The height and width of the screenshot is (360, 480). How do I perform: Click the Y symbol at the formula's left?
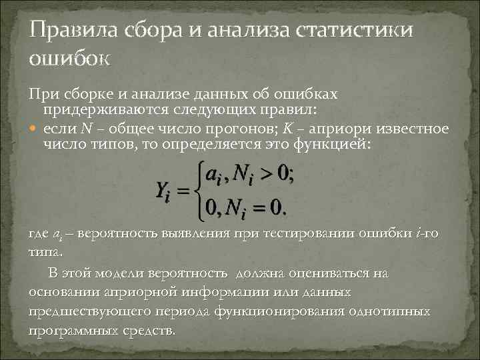[162, 191]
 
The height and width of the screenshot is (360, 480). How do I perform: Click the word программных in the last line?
[74, 331]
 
